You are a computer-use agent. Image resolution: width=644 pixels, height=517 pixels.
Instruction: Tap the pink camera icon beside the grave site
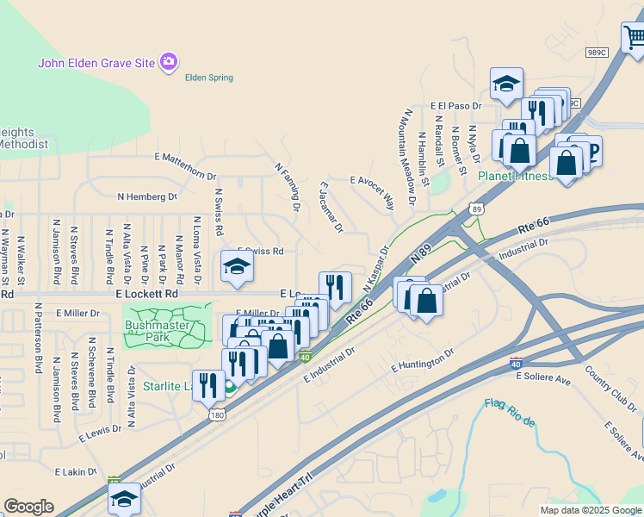click(x=169, y=61)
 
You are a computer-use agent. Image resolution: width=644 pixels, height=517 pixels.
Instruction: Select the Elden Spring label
click(x=209, y=78)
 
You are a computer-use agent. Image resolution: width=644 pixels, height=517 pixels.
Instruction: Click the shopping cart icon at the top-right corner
click(x=634, y=36)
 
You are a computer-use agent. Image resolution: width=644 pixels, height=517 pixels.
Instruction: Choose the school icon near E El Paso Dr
click(x=507, y=83)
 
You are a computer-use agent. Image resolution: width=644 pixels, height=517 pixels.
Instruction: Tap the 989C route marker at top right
click(x=597, y=52)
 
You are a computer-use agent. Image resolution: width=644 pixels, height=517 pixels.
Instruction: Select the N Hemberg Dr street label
click(x=146, y=196)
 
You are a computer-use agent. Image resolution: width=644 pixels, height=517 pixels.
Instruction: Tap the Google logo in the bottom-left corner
click(x=28, y=507)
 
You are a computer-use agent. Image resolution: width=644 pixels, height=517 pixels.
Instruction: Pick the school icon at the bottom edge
click(x=124, y=498)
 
